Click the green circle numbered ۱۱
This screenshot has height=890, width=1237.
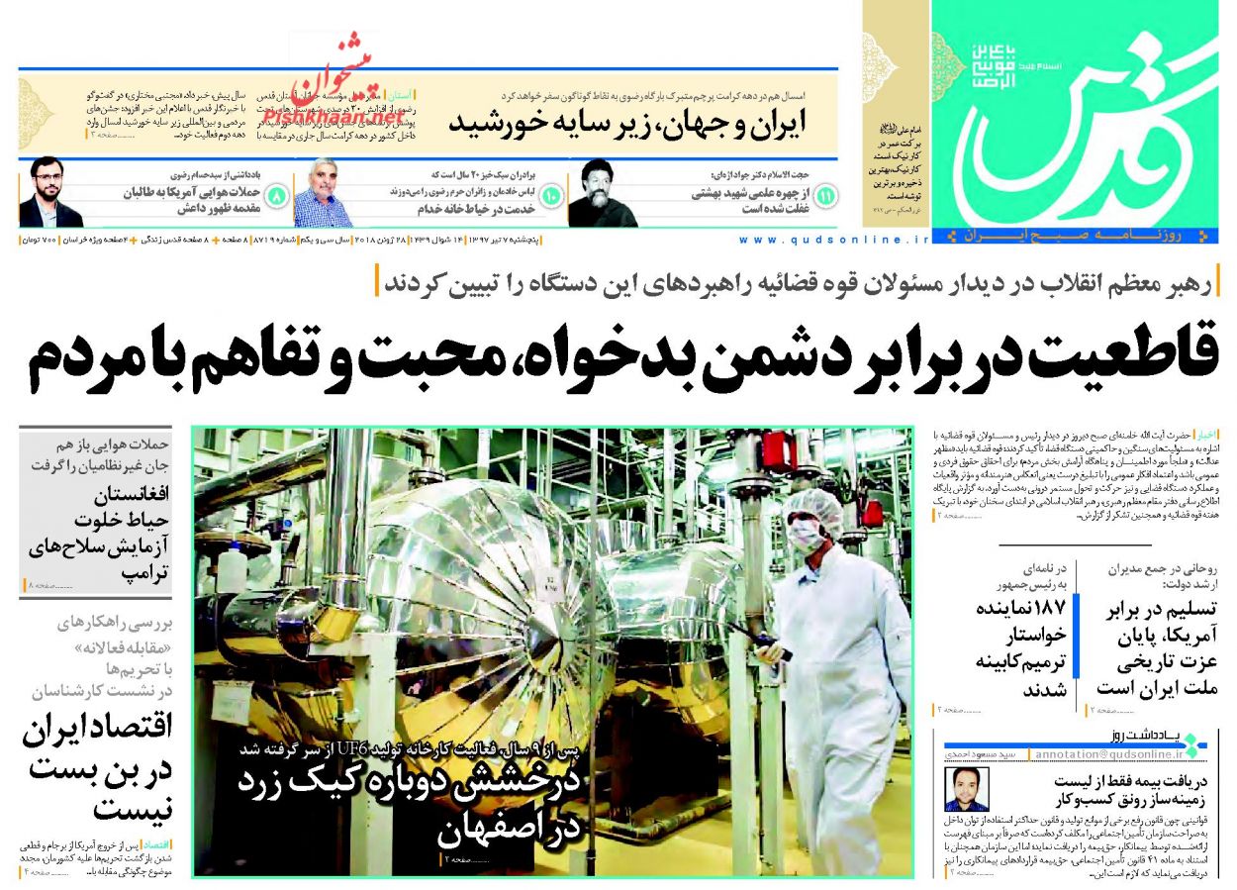(823, 196)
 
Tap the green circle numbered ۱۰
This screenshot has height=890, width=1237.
(550, 196)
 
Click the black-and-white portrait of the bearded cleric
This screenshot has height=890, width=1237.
(602, 193)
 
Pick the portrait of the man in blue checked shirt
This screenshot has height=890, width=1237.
(323, 193)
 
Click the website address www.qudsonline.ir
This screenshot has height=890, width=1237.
(834, 240)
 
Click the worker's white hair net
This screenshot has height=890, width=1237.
(816, 506)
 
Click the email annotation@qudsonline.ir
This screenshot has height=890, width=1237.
(1104, 754)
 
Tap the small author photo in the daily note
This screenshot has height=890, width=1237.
(966, 789)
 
